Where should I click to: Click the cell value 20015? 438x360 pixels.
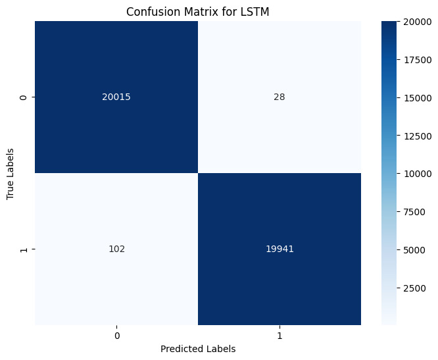[x=116, y=97]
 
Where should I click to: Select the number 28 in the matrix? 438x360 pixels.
[x=279, y=97]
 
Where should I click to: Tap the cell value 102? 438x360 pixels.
[x=116, y=249]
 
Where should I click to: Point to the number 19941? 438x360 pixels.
[x=279, y=249]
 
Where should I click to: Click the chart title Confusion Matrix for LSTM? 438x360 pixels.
[x=197, y=11]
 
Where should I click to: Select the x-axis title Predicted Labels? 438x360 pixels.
[x=197, y=349]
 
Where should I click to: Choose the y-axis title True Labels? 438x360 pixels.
[x=11, y=174]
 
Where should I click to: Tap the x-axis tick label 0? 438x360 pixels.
[x=116, y=335]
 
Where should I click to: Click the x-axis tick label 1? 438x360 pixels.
[x=279, y=335]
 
